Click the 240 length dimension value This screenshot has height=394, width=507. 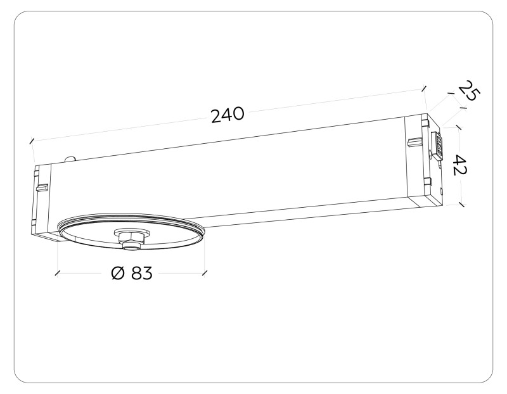click(x=226, y=115)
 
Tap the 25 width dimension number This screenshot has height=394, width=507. click(x=469, y=91)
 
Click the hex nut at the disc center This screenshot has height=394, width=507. click(x=130, y=237)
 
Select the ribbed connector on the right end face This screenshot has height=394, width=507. click(x=436, y=146)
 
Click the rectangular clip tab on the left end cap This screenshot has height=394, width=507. click(x=42, y=188)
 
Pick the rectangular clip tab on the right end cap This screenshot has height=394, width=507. click(x=414, y=140)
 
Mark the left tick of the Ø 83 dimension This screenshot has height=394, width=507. click(x=58, y=273)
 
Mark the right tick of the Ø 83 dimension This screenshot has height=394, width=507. click(x=204, y=273)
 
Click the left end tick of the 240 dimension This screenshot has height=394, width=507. click(x=30, y=141)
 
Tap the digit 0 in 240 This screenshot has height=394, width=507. click(x=238, y=114)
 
